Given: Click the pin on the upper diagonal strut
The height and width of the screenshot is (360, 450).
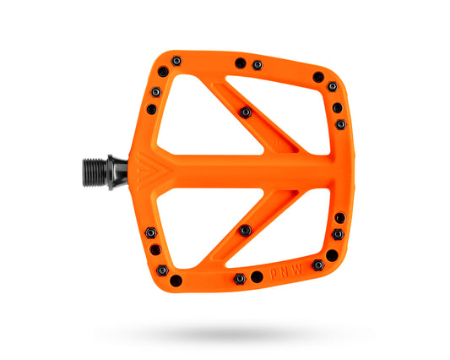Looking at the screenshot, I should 245,112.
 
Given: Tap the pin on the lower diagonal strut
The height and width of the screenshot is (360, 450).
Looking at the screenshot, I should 245,229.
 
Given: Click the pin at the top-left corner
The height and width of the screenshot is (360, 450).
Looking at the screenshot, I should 176,61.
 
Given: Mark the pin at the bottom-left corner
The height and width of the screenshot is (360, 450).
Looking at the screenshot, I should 176,280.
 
